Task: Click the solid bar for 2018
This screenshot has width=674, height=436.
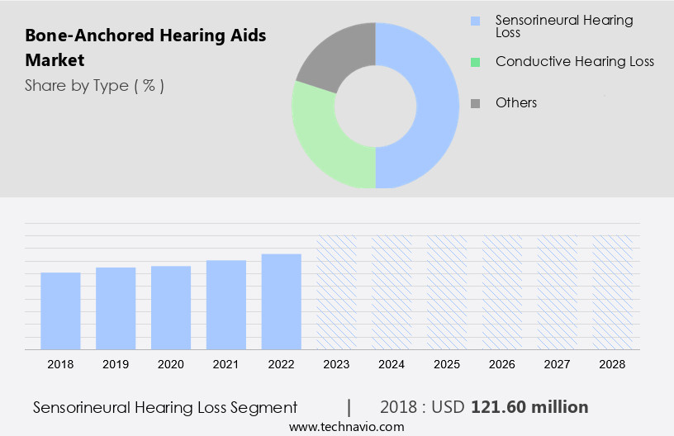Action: click(60, 311)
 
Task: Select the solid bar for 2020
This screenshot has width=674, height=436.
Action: click(171, 308)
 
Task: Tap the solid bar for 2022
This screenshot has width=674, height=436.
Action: click(282, 301)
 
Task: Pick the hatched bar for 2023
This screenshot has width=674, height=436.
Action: click(337, 292)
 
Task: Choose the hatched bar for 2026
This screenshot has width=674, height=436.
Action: click(502, 292)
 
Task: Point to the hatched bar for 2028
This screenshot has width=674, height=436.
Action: click(613, 292)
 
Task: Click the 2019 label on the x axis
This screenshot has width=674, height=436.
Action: click(116, 364)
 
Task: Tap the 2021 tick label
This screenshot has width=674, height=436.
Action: click(226, 364)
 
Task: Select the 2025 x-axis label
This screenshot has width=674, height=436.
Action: click(447, 364)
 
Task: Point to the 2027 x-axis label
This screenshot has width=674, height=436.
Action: click(558, 364)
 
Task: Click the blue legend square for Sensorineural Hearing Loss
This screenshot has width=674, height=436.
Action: click(475, 21)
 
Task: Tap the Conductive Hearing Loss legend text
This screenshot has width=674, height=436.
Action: click(574, 62)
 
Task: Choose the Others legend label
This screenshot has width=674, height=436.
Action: click(516, 103)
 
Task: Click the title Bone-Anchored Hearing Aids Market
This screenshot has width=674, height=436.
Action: click(145, 48)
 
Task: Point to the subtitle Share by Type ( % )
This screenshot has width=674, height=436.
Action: click(94, 86)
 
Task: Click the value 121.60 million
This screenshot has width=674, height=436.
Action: click(529, 407)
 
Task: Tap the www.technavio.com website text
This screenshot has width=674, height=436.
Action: click(346, 426)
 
